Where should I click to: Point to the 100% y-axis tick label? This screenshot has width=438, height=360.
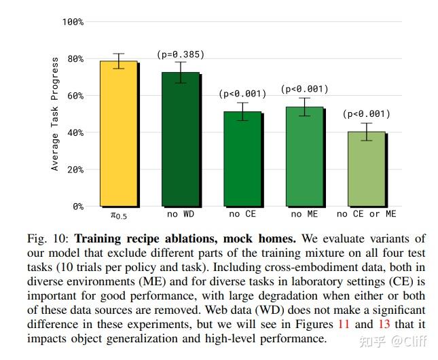(x=73, y=22)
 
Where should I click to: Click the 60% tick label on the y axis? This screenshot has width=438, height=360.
(x=75, y=96)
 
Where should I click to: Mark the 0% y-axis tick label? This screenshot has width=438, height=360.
(x=77, y=206)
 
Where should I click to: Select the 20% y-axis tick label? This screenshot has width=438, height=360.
(x=75, y=169)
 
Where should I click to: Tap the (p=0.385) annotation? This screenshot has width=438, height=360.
(x=181, y=54)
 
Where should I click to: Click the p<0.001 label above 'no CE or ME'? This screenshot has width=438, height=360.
(x=366, y=113)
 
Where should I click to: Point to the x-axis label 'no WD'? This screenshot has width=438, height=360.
(x=181, y=215)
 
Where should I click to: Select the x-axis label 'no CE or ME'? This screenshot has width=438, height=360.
(x=366, y=215)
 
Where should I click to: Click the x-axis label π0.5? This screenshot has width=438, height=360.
(x=119, y=215)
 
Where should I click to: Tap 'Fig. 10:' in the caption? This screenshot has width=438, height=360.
(x=49, y=238)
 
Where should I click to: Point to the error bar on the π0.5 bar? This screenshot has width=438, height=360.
(x=119, y=60)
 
